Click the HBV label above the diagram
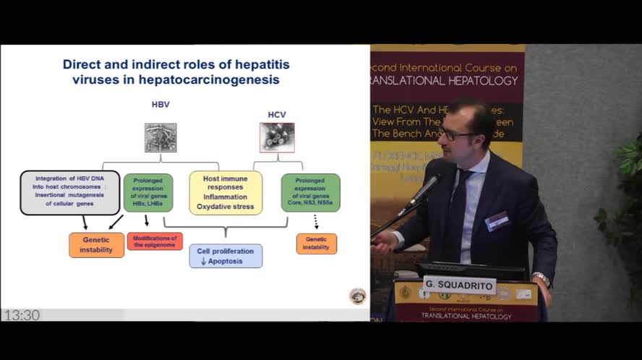coord(160,105)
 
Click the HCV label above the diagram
coord(277,114)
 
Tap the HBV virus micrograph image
coord(160,137)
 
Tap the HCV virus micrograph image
coord(277,137)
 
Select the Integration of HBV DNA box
coord(69,193)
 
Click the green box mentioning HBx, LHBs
coord(148,193)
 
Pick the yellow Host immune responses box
coord(226,193)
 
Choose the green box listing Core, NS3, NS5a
coord(310,193)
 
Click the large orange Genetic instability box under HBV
coord(97,245)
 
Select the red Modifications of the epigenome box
coord(155,241)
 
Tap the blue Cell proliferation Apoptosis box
coord(226,256)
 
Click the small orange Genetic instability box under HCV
coord(316,244)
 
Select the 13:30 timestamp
coord(22,315)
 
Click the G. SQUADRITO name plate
coord(459,286)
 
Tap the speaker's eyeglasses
coord(458,134)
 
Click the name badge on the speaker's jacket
coord(497,221)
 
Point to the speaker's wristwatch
coord(542,279)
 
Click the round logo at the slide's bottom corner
coord(357,296)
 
